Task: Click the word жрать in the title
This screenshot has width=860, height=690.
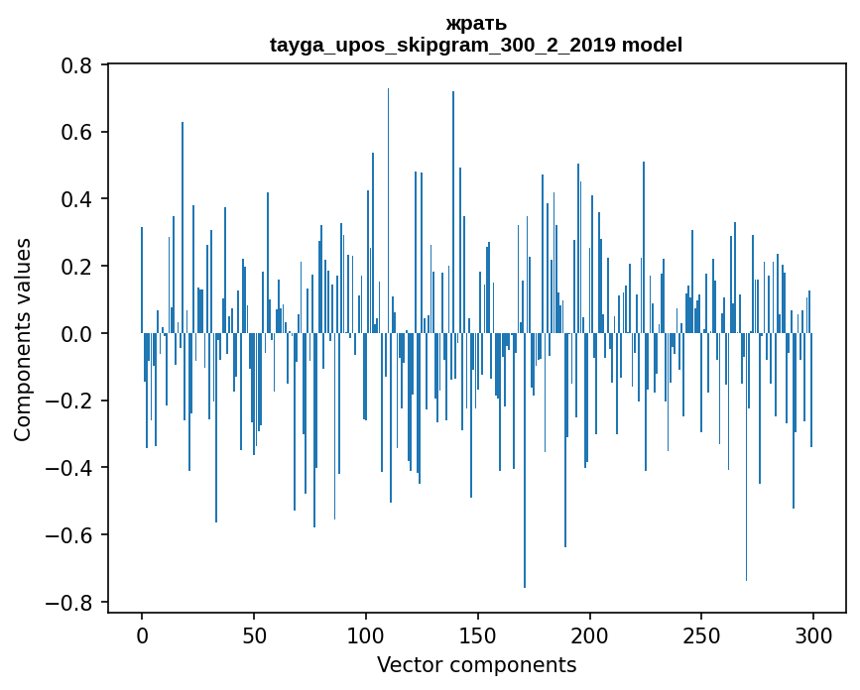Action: [476, 24]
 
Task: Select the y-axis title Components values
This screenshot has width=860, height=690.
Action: [23, 339]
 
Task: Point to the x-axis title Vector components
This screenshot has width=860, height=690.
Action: [476, 665]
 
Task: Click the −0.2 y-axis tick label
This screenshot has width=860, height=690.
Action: [72, 402]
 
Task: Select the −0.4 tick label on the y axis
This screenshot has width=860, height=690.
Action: [72, 468]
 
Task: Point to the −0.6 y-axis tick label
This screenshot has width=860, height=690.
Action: [72, 535]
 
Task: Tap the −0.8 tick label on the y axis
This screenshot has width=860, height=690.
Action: [72, 603]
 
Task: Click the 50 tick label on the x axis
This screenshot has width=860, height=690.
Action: [254, 634]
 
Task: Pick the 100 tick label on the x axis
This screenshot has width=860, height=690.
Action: [366, 634]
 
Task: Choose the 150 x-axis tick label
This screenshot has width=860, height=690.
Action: [478, 634]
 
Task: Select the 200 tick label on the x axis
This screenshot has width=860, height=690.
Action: [590, 634]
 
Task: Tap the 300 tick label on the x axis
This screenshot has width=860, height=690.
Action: [813, 634]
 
